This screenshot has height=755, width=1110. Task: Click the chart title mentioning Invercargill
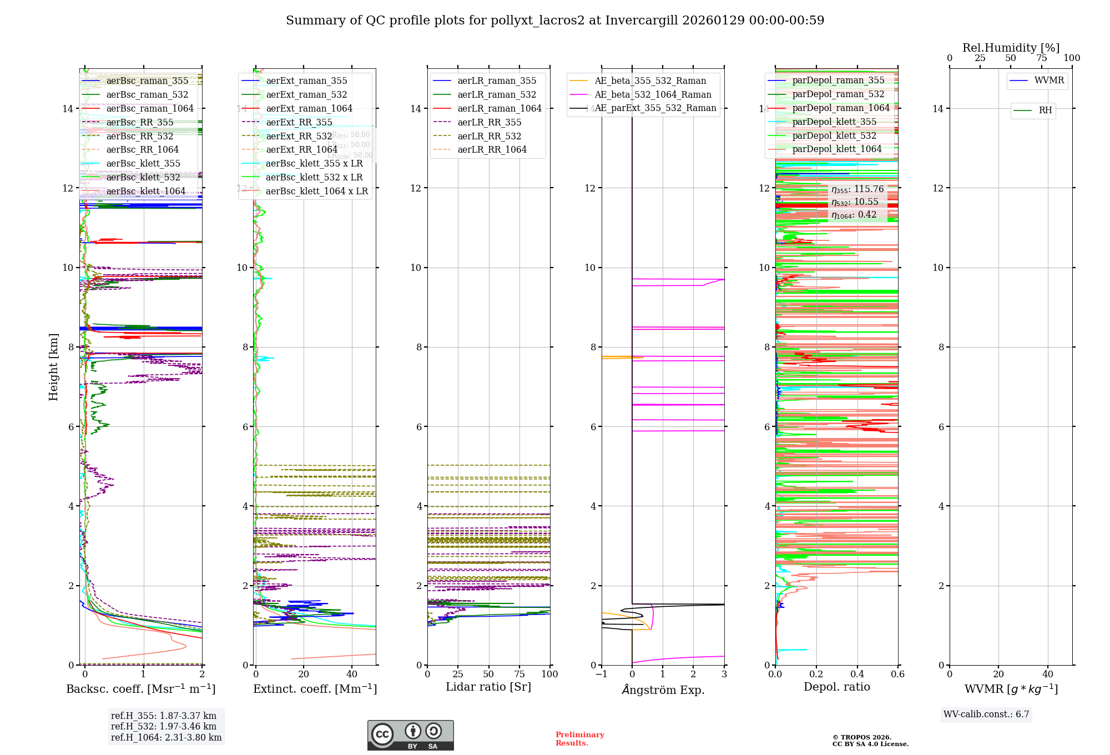555,21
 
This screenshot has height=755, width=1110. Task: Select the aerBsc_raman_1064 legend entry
150,109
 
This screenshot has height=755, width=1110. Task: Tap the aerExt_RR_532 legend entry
299,136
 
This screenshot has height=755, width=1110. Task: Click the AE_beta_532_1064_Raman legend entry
653,95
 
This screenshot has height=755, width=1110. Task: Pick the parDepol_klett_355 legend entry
834,122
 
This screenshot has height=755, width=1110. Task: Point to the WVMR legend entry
1049,80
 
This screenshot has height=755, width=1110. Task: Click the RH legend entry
1045,110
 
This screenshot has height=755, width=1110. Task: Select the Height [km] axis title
53,366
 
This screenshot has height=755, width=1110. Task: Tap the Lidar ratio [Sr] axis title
488,687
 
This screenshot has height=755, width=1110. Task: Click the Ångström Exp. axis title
663,690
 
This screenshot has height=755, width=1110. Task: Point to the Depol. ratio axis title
837,687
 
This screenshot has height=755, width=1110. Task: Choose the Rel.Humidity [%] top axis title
1011,48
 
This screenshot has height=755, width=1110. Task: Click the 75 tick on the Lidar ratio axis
519,675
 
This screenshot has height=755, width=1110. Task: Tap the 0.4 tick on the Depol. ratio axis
857,675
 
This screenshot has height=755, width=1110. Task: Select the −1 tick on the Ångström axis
601,675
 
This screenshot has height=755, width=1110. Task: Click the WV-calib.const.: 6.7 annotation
986,714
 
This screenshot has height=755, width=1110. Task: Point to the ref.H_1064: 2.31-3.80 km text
167,738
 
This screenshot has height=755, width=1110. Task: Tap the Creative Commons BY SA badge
410,735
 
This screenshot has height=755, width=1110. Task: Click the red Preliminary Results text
579,739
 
